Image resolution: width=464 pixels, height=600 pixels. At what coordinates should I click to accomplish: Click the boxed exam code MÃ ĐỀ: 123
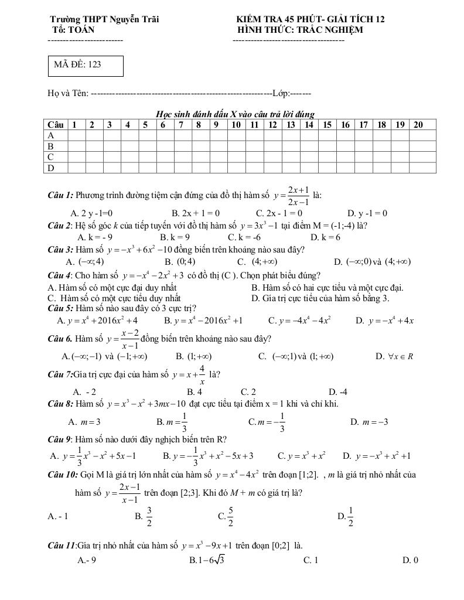pos(86,66)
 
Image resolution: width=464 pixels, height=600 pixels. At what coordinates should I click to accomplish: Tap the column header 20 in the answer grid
pos(418,124)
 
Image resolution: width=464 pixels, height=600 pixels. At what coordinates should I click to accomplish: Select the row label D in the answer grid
pos(51,168)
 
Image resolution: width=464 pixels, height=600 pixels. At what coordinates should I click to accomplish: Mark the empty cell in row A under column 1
pos(77,135)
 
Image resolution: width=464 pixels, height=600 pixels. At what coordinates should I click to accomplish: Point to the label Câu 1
pos(60,195)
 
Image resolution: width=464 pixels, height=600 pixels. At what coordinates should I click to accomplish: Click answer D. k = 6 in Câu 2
pos(325,237)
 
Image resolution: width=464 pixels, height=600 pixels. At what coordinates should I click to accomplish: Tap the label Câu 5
pos(60,308)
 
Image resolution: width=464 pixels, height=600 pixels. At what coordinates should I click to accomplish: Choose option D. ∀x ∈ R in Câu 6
pos(394,356)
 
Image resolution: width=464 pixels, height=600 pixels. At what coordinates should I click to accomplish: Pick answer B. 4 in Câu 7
pos(195,392)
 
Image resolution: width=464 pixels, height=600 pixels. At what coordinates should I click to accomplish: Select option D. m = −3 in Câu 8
pos(369,422)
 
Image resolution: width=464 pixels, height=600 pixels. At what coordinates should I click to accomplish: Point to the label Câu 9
pos(60,439)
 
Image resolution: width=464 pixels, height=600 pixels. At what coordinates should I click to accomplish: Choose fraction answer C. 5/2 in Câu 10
pos(226,516)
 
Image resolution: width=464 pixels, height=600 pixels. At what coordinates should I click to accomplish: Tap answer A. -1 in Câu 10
pos(58,516)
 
